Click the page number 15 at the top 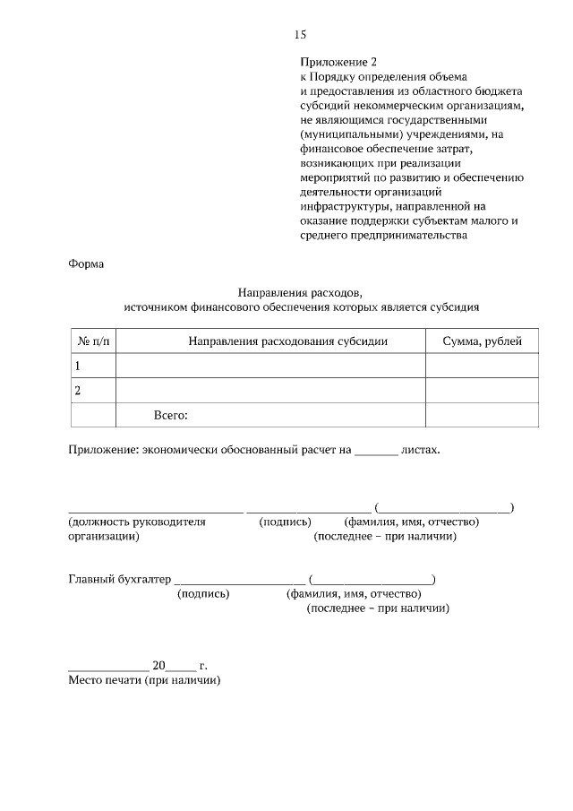pyautogui.click(x=300, y=35)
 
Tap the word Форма pyautogui.click(x=86, y=264)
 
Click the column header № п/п pyautogui.click(x=93, y=341)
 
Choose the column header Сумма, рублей pyautogui.click(x=482, y=341)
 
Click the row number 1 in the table pyautogui.click(x=78, y=366)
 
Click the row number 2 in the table pyautogui.click(x=78, y=391)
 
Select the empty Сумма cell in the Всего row pyautogui.click(x=482, y=416)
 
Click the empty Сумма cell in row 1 pyautogui.click(x=482, y=366)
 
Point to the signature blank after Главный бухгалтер pyautogui.click(x=240, y=581)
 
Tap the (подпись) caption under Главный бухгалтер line pyautogui.click(x=203, y=593)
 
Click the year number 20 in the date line pyautogui.click(x=159, y=666)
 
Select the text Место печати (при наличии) pyautogui.click(x=144, y=680)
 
